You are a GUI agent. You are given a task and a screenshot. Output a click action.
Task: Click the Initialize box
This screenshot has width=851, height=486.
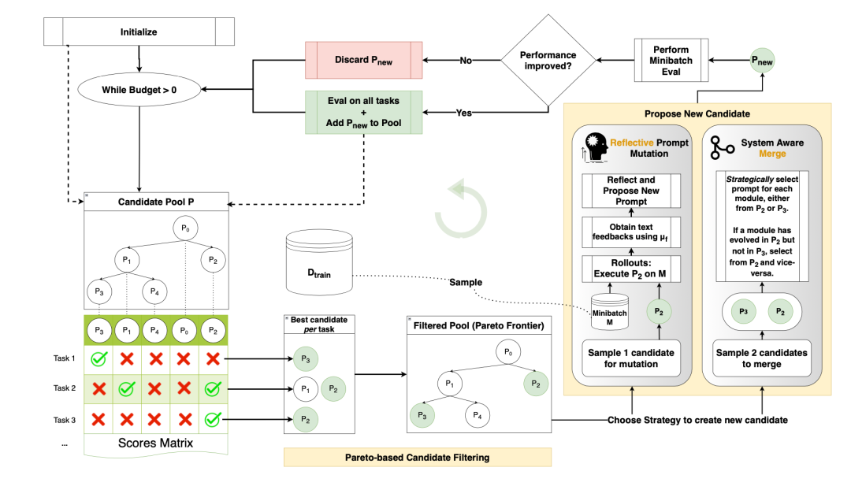click(x=139, y=32)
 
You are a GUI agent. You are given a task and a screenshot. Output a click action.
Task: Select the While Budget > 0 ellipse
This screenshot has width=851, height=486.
click(x=139, y=90)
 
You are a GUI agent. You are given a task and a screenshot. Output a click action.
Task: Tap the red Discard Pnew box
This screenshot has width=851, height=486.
click(x=363, y=60)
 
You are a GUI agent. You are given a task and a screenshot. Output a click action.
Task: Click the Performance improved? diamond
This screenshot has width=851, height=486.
click(x=548, y=60)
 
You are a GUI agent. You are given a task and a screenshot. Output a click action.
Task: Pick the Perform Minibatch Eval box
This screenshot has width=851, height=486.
click(x=671, y=60)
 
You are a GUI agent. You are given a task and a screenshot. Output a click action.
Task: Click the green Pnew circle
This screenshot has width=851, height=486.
click(x=762, y=61)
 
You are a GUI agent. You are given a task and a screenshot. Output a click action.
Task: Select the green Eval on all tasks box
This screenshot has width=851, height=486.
click(x=363, y=113)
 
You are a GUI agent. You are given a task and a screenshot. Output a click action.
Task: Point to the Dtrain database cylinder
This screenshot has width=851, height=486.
click(x=319, y=262)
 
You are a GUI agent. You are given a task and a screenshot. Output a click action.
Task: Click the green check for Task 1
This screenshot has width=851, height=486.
click(x=98, y=358)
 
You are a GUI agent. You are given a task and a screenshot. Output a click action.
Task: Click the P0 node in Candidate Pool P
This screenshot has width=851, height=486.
click(x=186, y=228)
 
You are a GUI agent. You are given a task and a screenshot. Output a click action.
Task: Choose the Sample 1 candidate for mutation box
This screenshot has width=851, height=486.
click(x=631, y=358)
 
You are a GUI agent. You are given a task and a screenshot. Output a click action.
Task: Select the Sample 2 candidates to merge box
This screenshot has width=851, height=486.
click(x=761, y=358)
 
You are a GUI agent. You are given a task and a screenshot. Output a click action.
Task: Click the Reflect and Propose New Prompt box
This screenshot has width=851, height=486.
click(x=631, y=191)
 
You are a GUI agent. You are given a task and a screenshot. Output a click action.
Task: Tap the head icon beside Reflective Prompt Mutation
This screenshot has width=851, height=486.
click(x=594, y=147)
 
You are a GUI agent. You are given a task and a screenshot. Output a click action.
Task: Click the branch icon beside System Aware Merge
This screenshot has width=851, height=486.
click(x=722, y=147)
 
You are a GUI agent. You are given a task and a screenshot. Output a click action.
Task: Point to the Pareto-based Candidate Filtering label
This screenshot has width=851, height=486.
click(x=418, y=458)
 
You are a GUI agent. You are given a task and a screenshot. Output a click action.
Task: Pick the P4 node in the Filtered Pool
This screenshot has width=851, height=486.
click(x=478, y=415)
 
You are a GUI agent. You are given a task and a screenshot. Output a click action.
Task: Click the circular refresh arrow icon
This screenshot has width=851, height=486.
click(x=461, y=209)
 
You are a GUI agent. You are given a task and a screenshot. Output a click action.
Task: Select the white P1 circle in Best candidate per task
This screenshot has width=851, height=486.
click(x=306, y=389)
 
